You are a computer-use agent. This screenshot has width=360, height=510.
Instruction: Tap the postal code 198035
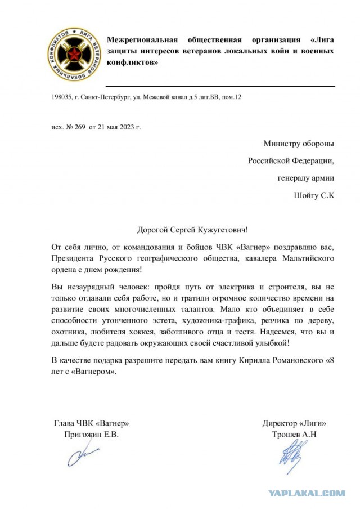click(62, 97)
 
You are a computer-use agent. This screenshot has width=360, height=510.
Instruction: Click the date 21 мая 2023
click(120, 127)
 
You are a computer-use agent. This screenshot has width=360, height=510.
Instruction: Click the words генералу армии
click(306, 178)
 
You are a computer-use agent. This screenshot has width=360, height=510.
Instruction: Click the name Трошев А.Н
click(294, 435)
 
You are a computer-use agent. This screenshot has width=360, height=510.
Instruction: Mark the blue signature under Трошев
click(294, 456)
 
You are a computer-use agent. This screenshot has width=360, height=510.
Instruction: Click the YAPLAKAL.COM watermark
click(307, 494)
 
